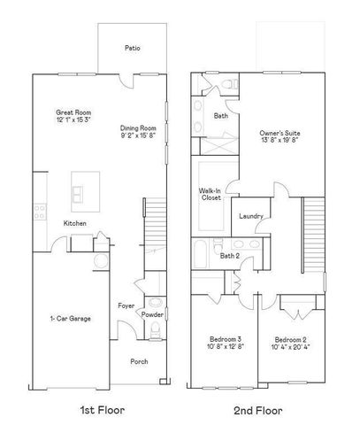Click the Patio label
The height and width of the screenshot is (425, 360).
point(132,49)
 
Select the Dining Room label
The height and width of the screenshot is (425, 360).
point(138,128)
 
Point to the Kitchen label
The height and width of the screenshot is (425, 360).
point(74,223)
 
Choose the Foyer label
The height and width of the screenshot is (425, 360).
point(126,305)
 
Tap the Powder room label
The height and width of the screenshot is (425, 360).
point(152,314)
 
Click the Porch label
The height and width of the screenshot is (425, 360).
point(139,361)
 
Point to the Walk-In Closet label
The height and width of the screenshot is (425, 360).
point(211,194)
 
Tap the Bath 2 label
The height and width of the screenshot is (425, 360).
point(230,256)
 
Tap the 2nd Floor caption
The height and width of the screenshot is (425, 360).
point(257,410)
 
